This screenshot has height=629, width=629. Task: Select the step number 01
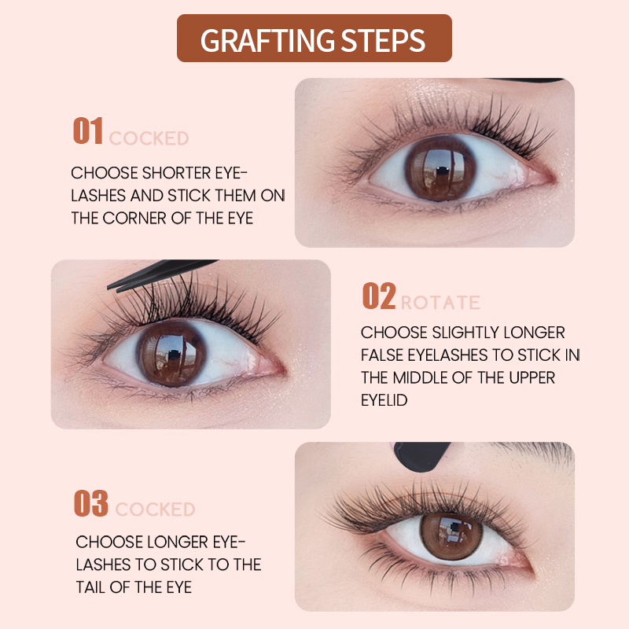pos(88,131)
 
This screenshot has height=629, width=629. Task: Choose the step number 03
pos(90,503)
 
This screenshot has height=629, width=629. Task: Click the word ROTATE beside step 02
pos(440,303)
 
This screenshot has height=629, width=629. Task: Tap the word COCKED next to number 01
pos(149,139)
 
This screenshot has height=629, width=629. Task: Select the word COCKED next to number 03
pos(154,510)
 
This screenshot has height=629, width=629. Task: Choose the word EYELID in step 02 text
pos(385,399)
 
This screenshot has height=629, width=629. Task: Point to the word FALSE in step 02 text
pos(383,355)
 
